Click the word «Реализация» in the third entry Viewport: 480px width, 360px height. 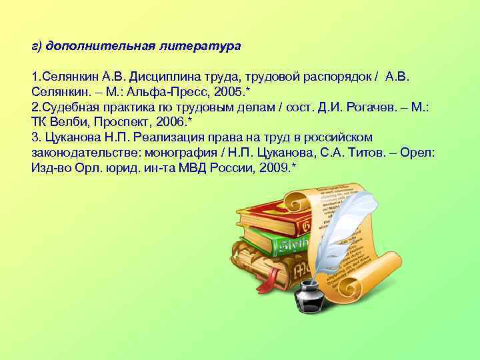click(x=168, y=137)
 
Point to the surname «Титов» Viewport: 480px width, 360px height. click(x=369, y=153)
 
